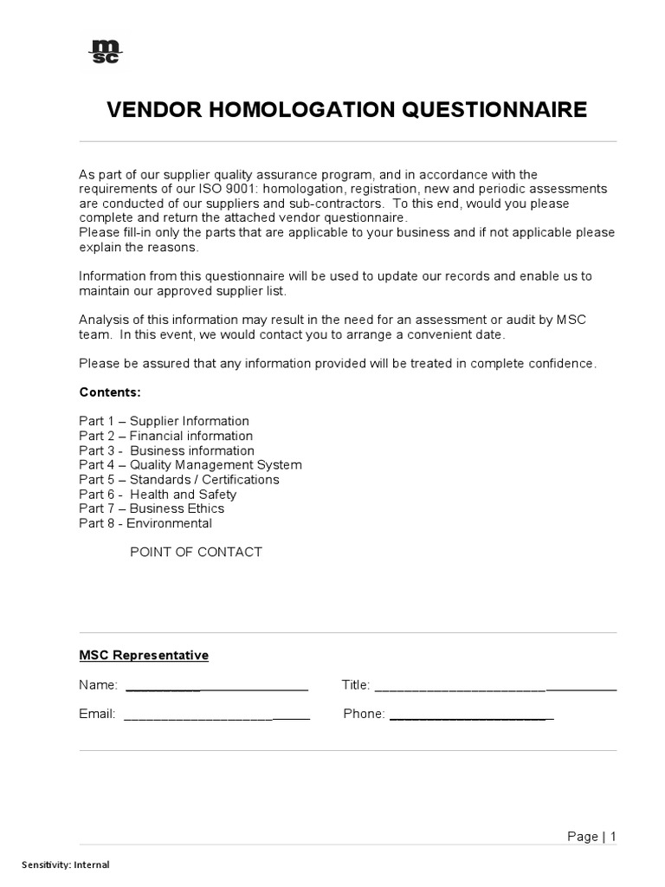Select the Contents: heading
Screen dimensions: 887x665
tap(110, 392)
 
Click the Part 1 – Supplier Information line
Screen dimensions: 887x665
tap(164, 421)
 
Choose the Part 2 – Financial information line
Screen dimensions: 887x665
tap(165, 436)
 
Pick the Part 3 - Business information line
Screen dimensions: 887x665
tap(166, 450)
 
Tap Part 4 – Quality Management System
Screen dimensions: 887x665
tap(190, 465)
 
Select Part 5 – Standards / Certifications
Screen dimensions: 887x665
tap(178, 480)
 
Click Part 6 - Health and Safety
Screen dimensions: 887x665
tap(157, 495)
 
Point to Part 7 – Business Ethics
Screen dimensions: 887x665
tap(151, 508)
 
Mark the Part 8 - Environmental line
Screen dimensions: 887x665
tap(145, 523)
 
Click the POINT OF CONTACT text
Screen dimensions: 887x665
tap(196, 552)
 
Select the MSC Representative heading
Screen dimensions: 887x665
tap(144, 656)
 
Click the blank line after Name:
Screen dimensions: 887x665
tap(216, 688)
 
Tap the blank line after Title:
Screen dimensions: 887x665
tap(494, 688)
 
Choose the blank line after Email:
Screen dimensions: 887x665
tap(216, 716)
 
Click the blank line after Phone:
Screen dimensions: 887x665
tap(471, 716)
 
